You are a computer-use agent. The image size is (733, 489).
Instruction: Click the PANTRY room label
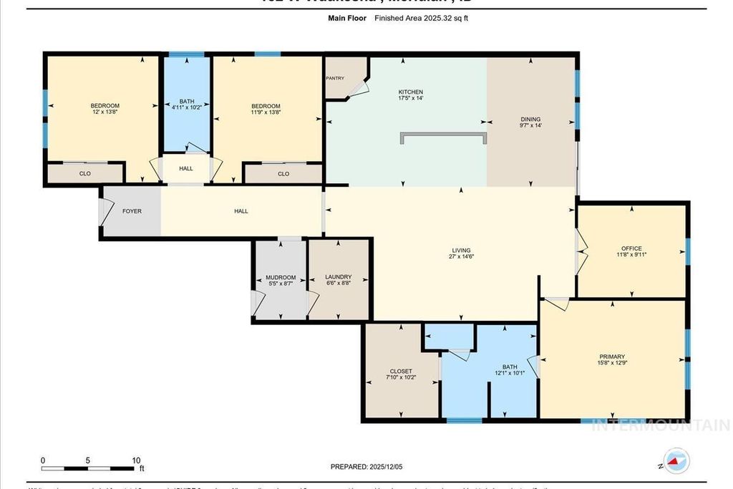[335, 78]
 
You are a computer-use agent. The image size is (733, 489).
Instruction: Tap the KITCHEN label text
[411, 92]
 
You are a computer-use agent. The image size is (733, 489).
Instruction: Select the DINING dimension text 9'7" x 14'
[530, 126]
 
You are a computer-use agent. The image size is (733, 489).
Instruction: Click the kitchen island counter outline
[443, 134]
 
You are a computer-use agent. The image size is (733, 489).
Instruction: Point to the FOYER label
[132, 211]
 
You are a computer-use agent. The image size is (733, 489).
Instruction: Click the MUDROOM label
[281, 277]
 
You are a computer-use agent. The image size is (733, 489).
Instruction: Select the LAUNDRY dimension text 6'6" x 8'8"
[338, 284]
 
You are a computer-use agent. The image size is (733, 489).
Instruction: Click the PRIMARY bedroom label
[612, 357]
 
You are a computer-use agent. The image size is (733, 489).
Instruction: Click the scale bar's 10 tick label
[136, 460]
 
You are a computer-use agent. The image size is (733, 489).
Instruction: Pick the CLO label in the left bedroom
[85, 173]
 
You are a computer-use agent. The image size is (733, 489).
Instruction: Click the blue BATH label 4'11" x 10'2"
[187, 104]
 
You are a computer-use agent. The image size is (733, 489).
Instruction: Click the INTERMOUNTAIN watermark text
[661, 425]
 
